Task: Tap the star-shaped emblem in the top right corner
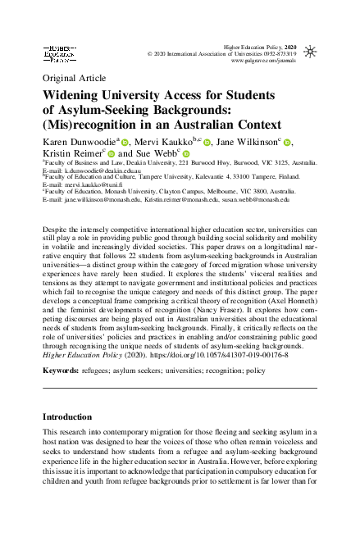pos(309,52)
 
